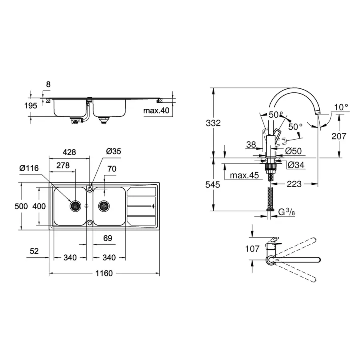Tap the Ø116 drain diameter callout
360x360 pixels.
[29, 168]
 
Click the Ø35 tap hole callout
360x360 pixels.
[113, 151]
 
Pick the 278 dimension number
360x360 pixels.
[62, 165]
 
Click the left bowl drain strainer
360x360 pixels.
[75, 206]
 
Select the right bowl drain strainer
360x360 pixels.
[104, 206]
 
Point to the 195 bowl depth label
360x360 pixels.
[31, 106]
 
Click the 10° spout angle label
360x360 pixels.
[342, 107]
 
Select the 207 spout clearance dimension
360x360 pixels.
[338, 136]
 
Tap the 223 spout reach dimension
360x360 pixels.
[294, 184]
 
